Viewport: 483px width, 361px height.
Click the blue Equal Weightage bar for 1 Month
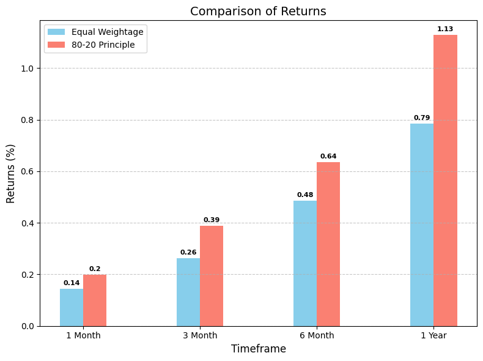pyautogui.click(x=72, y=307)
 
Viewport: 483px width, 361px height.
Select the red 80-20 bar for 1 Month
pyautogui.click(x=95, y=300)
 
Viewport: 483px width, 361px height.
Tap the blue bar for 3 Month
pyautogui.click(x=188, y=292)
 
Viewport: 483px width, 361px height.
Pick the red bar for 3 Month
pyautogui.click(x=212, y=275)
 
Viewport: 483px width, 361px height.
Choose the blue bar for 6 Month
pyautogui.click(x=305, y=263)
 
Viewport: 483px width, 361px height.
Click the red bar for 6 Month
pyautogui.click(x=328, y=244)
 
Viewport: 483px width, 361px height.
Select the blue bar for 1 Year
pyautogui.click(x=422, y=225)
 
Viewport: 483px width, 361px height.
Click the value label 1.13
pyautogui.click(x=445, y=29)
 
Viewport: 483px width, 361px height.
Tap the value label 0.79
pyautogui.click(x=422, y=117)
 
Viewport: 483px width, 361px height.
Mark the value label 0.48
pyautogui.click(x=305, y=195)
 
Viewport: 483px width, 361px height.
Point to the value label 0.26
pyautogui.click(x=188, y=252)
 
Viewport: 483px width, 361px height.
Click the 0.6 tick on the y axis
pyautogui.click(x=29, y=171)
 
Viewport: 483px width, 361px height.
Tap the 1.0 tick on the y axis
pyautogui.click(x=29, y=69)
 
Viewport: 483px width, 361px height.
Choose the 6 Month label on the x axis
pyautogui.click(x=317, y=335)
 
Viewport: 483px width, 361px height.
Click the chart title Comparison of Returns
pyautogui.click(x=258, y=12)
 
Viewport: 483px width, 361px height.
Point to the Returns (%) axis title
pyautogui.click(x=11, y=173)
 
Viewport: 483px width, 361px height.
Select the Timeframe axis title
pyautogui.click(x=258, y=349)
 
